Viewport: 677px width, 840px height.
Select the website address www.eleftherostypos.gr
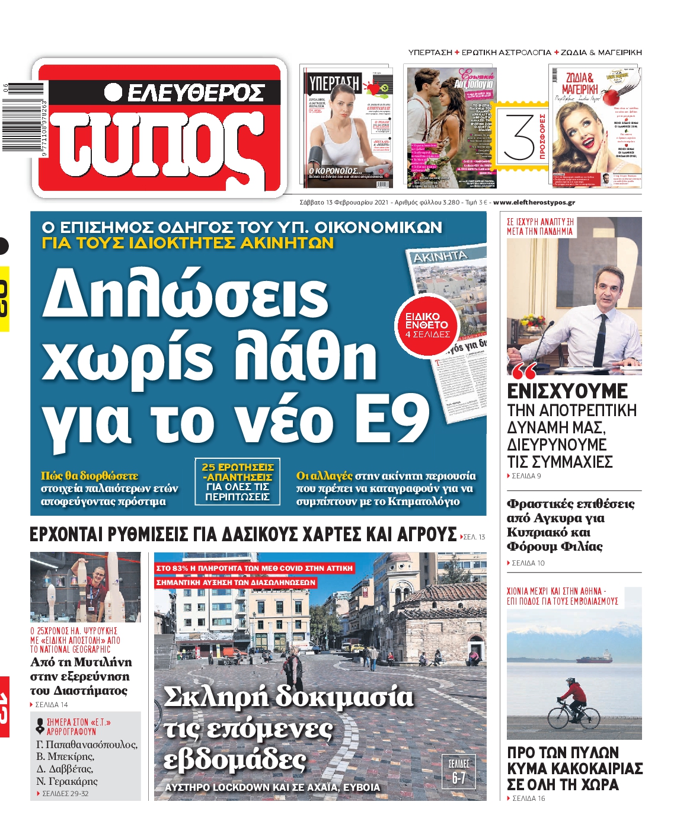[x=534, y=202]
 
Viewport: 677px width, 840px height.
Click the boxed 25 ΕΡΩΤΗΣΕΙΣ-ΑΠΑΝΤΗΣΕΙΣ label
[x=237, y=482]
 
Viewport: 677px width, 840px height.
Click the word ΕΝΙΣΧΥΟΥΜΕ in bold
[x=567, y=391]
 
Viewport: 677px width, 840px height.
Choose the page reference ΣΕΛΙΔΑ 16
[x=527, y=799]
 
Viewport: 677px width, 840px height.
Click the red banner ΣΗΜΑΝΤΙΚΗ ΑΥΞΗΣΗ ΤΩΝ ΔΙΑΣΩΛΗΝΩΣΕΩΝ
[x=235, y=583]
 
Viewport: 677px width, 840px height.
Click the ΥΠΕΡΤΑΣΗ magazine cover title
[x=334, y=82]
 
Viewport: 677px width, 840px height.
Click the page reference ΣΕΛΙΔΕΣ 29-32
[x=64, y=793]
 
